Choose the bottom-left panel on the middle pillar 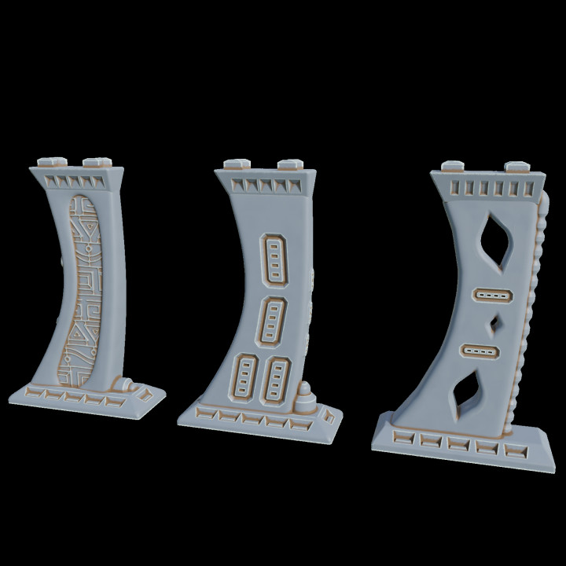click(x=245, y=380)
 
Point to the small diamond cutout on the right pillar click(x=495, y=322)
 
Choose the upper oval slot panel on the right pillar click(x=492, y=295)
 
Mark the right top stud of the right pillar click(x=516, y=167)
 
